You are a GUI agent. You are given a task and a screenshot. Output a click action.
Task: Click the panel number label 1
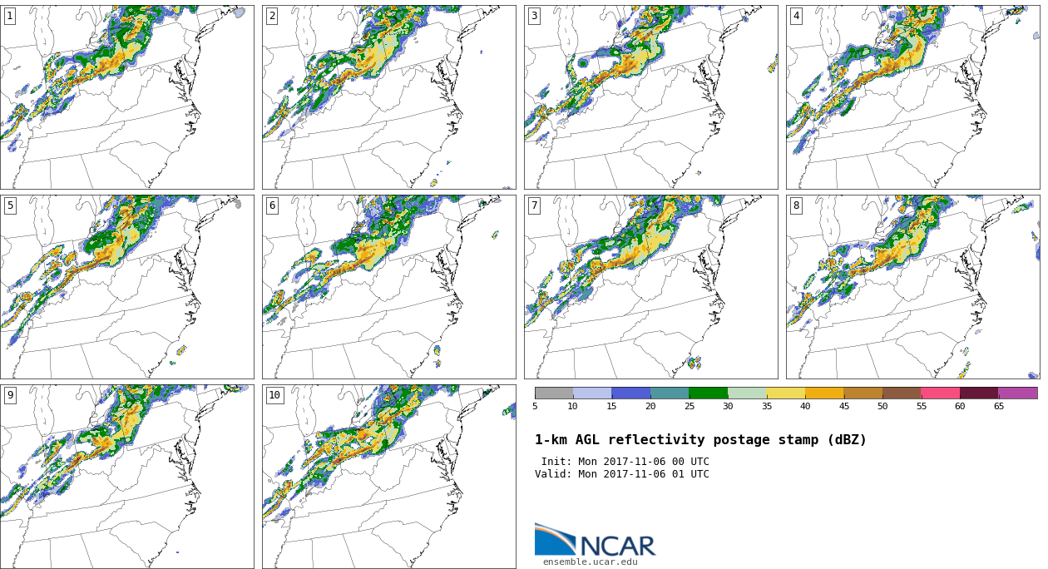10,16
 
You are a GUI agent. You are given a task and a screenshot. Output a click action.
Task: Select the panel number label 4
796,16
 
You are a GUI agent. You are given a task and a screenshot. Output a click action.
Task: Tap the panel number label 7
534,205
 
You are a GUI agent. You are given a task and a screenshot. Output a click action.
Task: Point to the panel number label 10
274,395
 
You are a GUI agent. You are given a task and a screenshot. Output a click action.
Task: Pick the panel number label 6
272,205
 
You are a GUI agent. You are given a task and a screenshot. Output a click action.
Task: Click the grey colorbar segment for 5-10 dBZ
553,393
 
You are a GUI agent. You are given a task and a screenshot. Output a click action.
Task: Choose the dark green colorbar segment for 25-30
708,393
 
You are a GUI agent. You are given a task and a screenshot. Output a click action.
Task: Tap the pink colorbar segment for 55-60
940,393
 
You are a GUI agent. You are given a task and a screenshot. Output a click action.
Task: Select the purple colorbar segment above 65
1017,393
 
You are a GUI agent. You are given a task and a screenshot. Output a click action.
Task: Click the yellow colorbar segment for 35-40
785,393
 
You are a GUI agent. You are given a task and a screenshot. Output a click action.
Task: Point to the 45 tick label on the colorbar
843,407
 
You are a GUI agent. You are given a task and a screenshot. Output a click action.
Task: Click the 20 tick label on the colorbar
650,407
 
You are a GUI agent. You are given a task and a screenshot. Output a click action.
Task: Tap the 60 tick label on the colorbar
960,407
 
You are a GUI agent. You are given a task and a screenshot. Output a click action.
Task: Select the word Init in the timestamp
556,462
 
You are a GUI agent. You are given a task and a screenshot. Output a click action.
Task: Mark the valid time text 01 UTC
689,474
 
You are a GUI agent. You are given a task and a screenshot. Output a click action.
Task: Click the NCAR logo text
617,546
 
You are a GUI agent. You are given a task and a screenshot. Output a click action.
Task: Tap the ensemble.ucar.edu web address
590,562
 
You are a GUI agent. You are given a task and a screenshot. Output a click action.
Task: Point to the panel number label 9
10,395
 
